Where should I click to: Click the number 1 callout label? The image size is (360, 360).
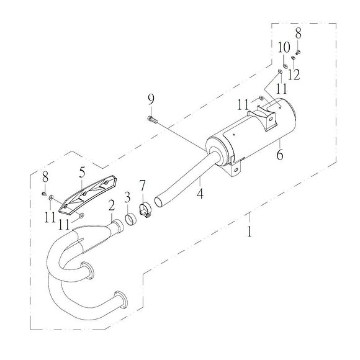249,232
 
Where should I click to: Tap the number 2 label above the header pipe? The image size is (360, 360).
112,205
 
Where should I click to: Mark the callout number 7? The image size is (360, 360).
142,185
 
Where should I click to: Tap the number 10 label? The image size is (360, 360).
283,48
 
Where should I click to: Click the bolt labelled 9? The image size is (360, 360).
151,118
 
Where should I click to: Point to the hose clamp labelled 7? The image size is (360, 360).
145,210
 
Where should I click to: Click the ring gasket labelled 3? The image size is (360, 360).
131,219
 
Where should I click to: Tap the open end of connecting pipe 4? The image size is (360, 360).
160,201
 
